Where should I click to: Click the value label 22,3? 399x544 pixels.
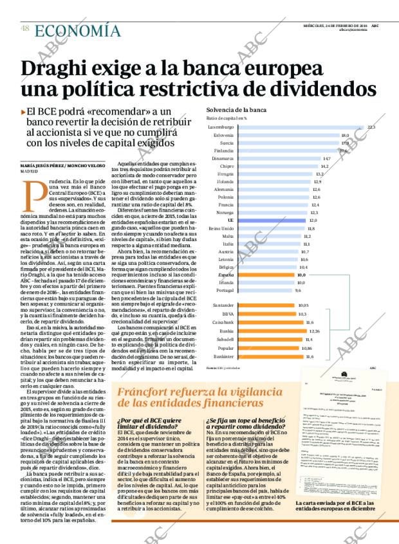point(371,127)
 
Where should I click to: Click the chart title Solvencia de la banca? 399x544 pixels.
point(236,110)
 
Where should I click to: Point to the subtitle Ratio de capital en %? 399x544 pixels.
point(227,118)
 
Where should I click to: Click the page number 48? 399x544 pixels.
point(24,28)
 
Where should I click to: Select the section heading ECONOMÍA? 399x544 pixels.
point(77,30)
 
